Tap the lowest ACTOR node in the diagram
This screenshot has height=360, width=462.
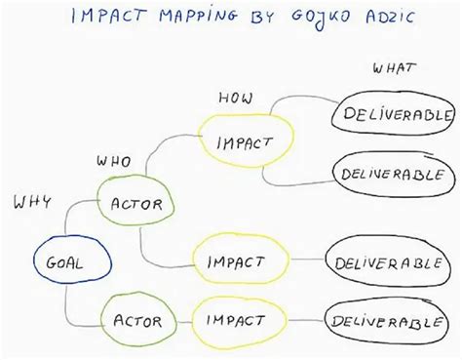tap(136, 319)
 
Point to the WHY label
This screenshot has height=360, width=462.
tap(32, 202)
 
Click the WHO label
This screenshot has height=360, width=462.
tap(114, 160)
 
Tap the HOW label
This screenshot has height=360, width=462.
tap(235, 98)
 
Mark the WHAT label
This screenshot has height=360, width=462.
tap(395, 67)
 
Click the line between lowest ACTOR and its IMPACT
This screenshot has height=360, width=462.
tap(181, 319)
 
